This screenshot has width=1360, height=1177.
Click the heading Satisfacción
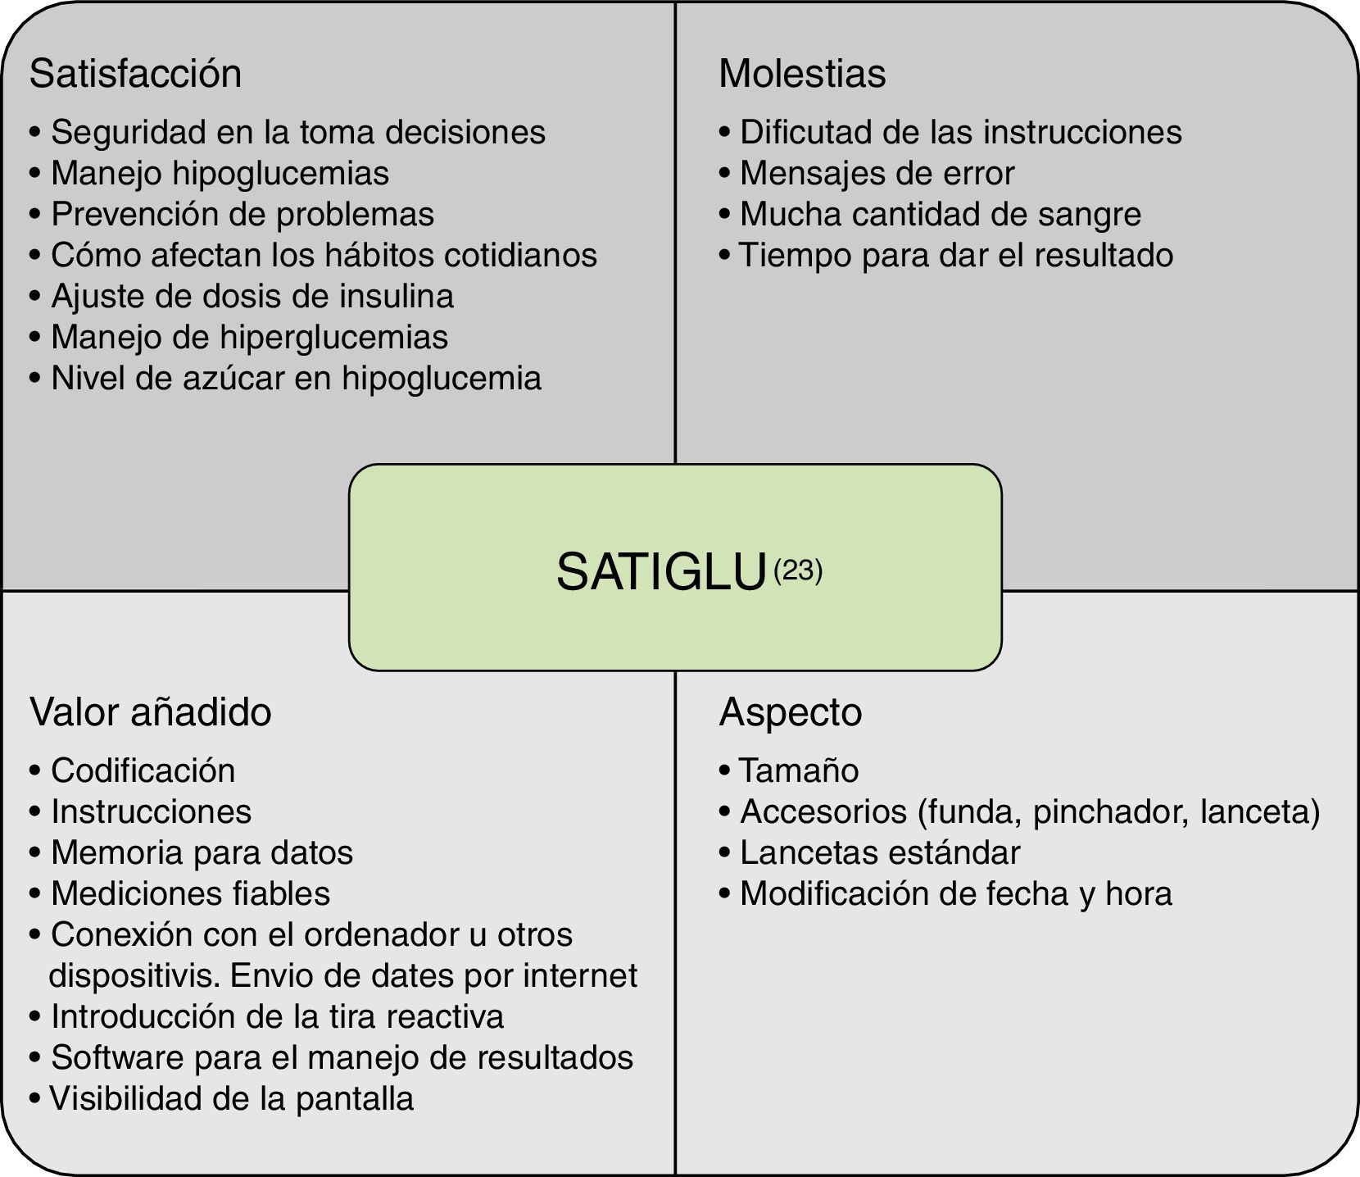point(135,74)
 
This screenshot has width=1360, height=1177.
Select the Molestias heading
point(802,74)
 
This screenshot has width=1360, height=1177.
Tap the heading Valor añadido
point(151,711)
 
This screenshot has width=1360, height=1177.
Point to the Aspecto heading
point(791,711)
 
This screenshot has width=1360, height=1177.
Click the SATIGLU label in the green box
point(660,571)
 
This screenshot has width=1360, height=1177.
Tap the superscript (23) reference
point(797,569)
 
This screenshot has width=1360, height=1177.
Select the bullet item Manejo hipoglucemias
point(220,173)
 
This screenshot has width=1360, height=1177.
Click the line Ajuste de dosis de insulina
point(252,296)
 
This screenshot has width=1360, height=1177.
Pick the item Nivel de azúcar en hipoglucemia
point(296,378)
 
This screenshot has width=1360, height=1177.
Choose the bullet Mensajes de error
point(877,173)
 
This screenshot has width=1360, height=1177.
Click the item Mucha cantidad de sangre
point(940,214)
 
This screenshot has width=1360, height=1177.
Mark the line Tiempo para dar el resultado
point(956,255)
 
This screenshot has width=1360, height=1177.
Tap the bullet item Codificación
point(143,770)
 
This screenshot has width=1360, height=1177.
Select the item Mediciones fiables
point(190,893)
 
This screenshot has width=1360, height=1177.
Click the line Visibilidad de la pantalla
point(232,1098)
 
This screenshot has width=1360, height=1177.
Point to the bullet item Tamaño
point(799,770)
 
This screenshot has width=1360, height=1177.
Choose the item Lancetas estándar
point(880,852)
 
